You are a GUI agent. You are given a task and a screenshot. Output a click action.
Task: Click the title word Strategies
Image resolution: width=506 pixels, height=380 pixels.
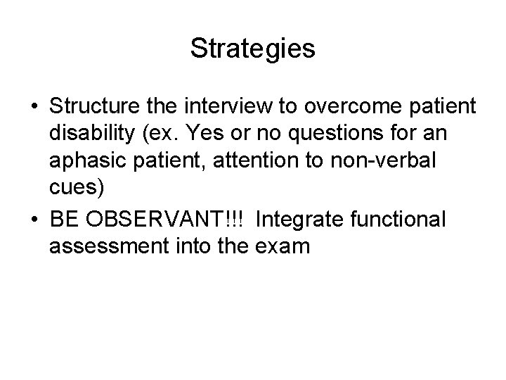pos(252,49)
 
